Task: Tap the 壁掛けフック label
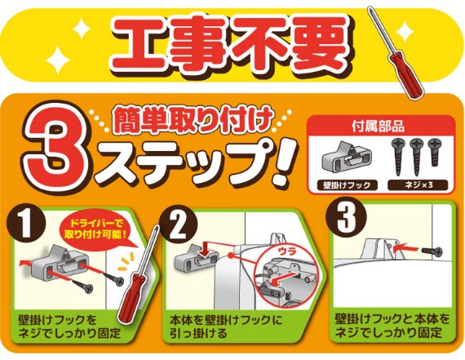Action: click(348, 185)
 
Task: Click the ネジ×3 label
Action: click(418, 184)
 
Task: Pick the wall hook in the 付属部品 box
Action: click(346, 158)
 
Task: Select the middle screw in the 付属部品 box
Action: click(416, 156)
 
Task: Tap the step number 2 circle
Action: click(178, 225)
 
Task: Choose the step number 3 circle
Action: click(346, 217)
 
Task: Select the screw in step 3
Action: click(432, 251)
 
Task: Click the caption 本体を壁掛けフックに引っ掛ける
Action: click(226, 327)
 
